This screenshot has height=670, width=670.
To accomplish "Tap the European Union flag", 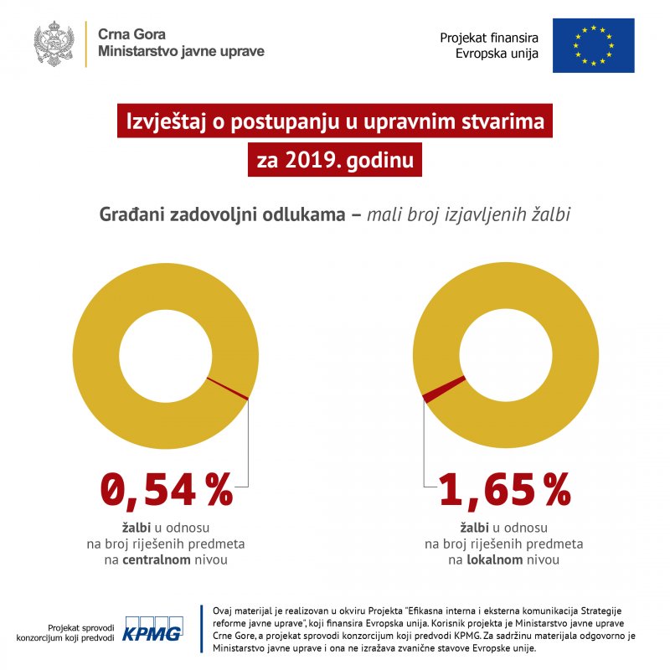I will coord(593,44).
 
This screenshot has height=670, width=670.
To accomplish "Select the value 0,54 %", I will coord(167,490).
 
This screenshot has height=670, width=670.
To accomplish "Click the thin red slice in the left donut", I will coord(227,389).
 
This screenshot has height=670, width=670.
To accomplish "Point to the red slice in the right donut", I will coord(444,389).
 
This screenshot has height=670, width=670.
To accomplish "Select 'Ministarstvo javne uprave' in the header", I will coord(181,51).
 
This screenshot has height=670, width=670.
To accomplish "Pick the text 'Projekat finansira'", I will coord(489,38).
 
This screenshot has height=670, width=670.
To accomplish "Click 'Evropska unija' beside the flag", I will coord(497,52).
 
